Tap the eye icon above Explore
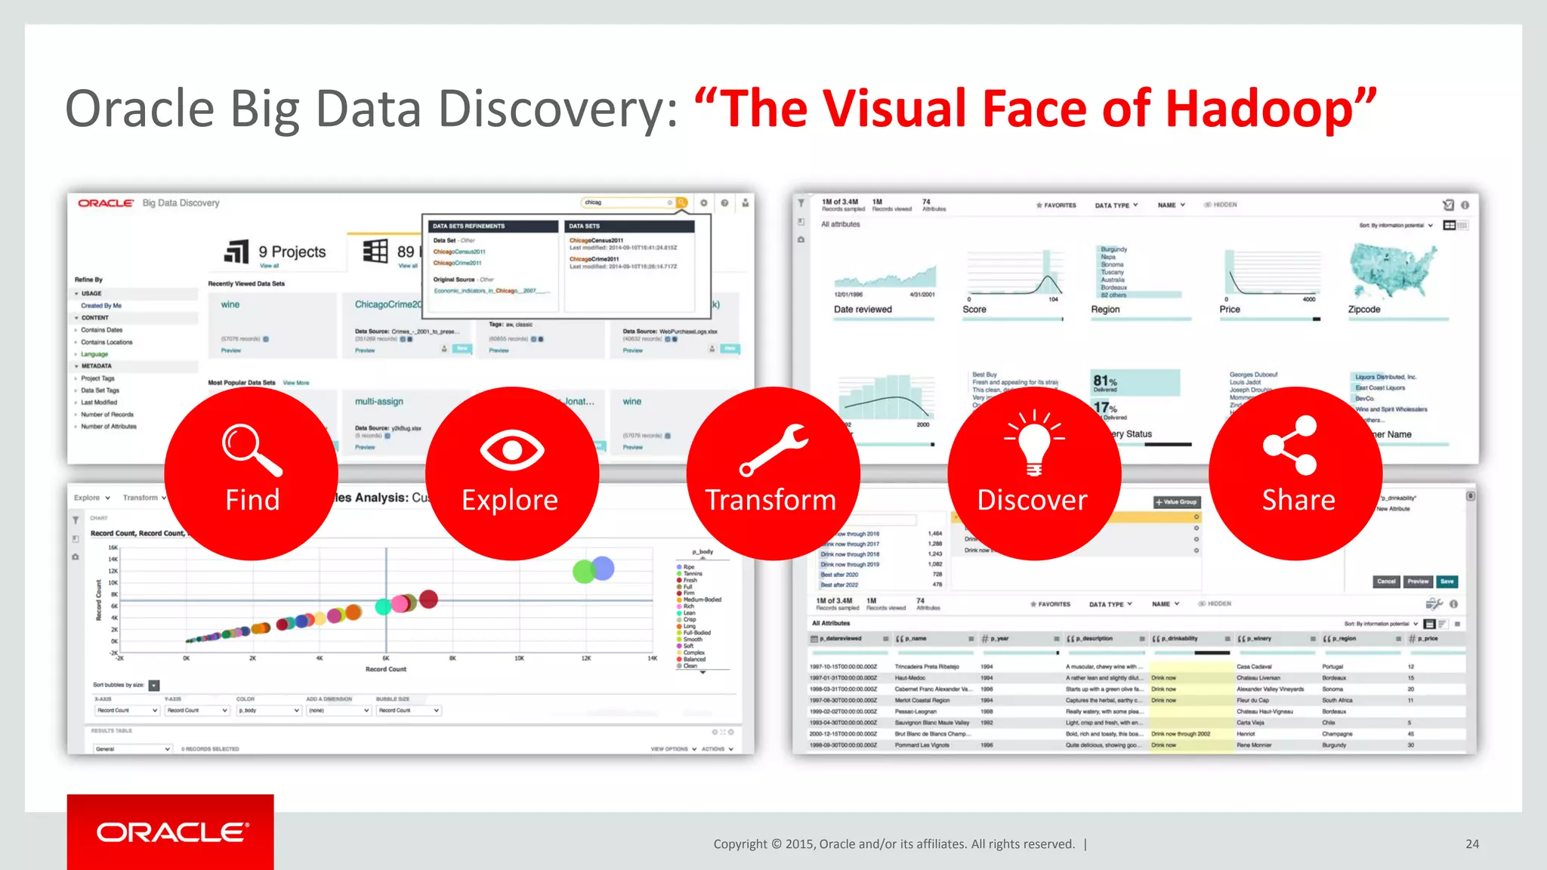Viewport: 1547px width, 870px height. coord(512,451)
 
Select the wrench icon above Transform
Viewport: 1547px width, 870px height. coord(773,450)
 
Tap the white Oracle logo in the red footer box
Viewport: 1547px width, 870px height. coord(172,832)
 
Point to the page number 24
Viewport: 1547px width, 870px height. coord(1472,844)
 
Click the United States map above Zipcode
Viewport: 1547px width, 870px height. coord(1391,270)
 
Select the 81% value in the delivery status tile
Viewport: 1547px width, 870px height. coord(1105,381)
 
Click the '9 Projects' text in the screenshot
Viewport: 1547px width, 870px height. coord(292,251)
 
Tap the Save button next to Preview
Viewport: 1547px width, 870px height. coord(1447,582)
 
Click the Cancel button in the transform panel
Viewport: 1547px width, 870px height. coord(1386,582)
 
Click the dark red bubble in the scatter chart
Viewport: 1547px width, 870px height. coord(428,599)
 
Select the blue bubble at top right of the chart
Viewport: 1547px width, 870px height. coord(603,567)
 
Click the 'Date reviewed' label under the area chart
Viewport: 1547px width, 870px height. coord(863,310)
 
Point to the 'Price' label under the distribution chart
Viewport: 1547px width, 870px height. coord(1230,310)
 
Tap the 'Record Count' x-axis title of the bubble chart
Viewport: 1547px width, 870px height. coord(386,669)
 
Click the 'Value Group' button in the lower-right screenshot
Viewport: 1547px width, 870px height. coord(1177,502)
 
